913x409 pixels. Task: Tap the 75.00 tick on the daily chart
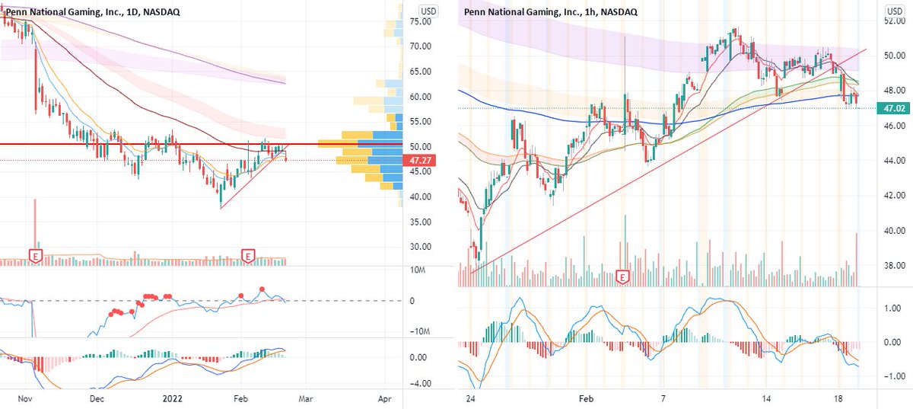coord(422,21)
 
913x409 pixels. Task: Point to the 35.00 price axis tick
coord(422,222)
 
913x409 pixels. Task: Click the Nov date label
coord(24,398)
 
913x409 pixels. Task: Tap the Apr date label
coord(386,398)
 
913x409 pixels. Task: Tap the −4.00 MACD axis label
coord(421,383)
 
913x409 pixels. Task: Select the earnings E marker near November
coord(35,254)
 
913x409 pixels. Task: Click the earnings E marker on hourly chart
coord(625,276)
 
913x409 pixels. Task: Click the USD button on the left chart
coord(429,11)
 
